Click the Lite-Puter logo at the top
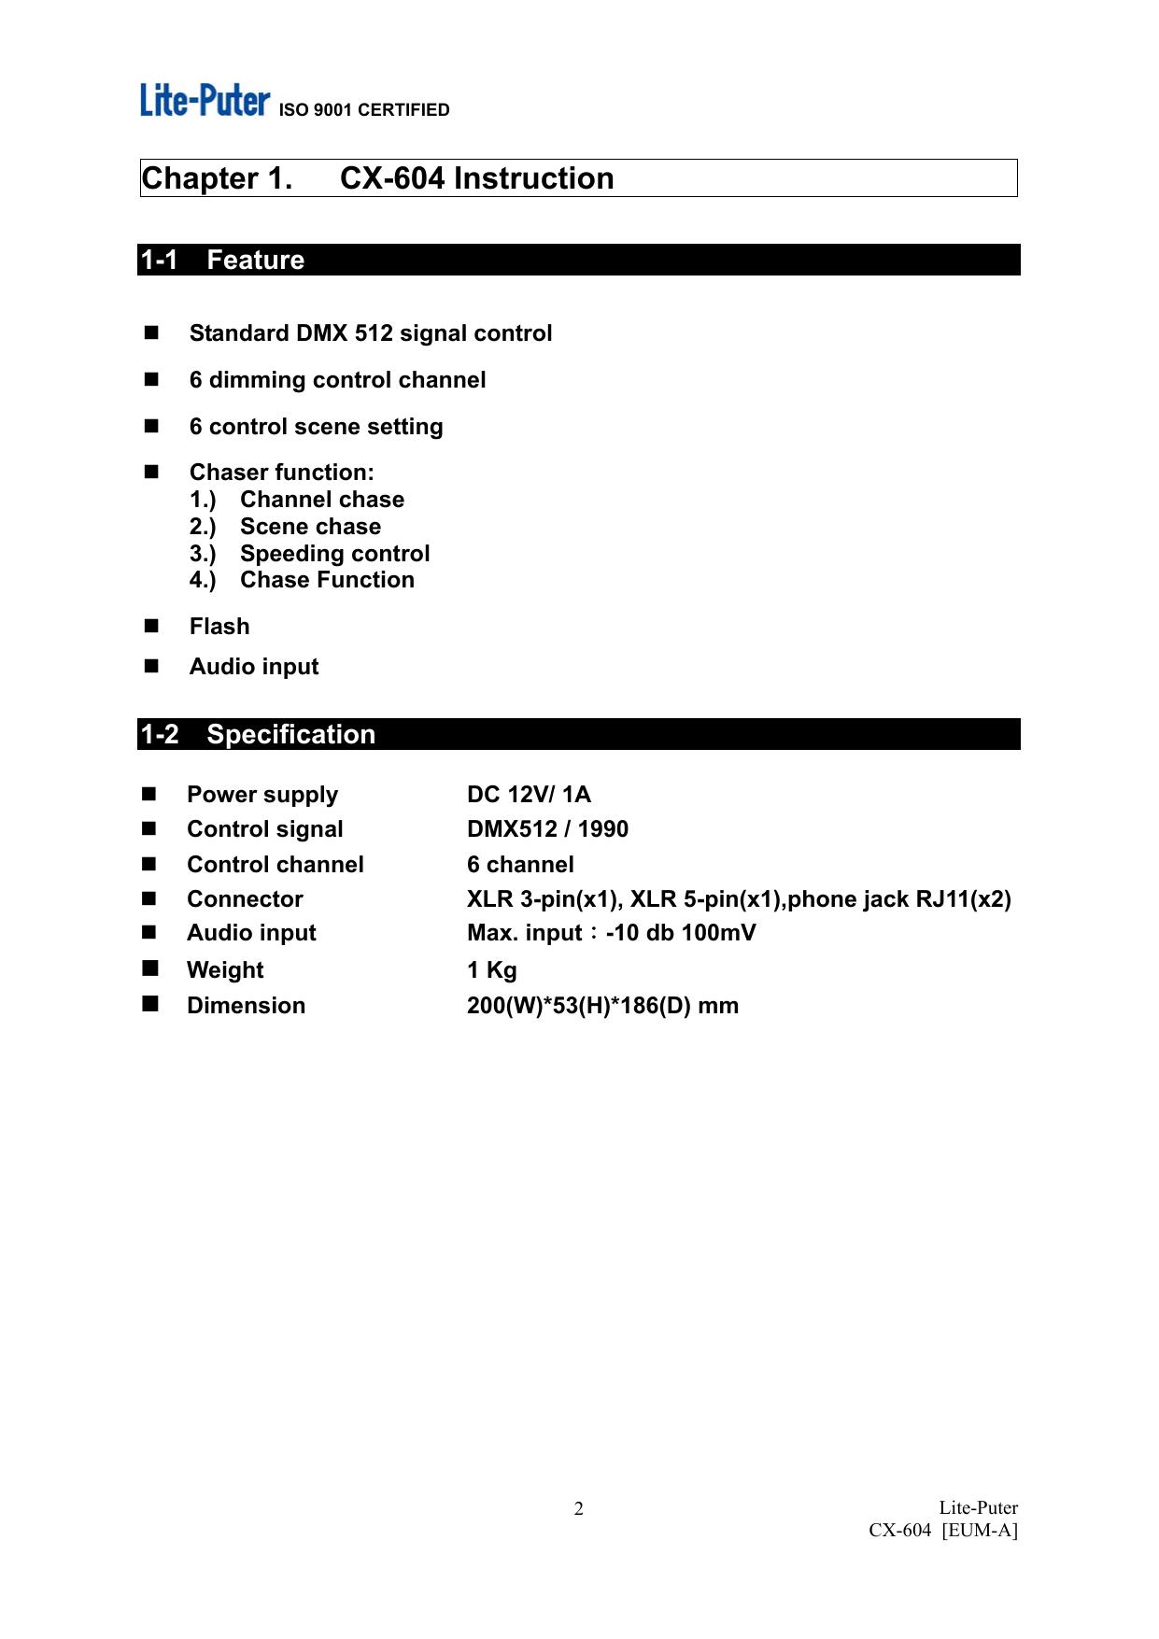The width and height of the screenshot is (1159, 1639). click(x=205, y=100)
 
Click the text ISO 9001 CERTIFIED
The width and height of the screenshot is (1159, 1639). click(x=364, y=110)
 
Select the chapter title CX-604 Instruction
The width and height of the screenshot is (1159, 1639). click(x=476, y=178)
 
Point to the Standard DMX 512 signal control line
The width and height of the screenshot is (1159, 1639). click(x=370, y=333)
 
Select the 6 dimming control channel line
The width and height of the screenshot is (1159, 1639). click(x=337, y=380)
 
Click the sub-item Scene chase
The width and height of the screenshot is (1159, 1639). click(x=310, y=527)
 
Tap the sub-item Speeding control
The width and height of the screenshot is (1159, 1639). click(x=334, y=554)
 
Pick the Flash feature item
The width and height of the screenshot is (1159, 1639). click(x=219, y=627)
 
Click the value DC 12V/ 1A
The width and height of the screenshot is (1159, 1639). click(x=529, y=795)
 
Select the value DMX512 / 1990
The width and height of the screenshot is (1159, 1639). click(x=547, y=829)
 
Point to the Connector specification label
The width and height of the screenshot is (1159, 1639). click(x=245, y=899)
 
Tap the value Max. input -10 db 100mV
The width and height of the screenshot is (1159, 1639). click(x=611, y=933)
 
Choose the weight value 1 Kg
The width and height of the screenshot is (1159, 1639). click(x=491, y=970)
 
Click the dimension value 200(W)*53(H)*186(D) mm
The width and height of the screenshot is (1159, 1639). click(x=602, y=1006)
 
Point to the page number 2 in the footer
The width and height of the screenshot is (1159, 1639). click(x=578, y=1509)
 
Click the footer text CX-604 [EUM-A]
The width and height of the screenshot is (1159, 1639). click(x=942, y=1531)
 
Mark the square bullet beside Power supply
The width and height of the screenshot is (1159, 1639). click(x=149, y=795)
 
